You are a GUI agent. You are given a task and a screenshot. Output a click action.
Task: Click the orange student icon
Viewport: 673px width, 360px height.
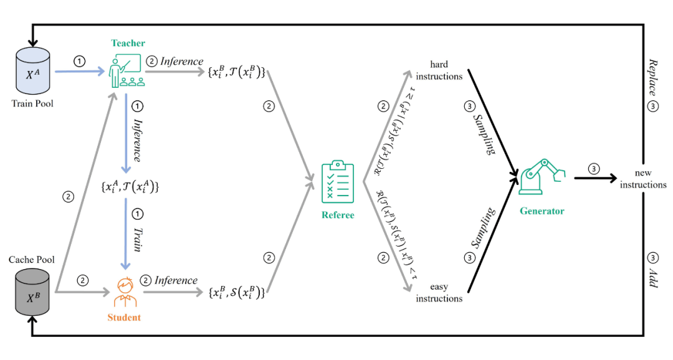126,291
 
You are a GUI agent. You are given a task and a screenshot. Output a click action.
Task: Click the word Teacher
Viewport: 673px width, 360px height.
128,43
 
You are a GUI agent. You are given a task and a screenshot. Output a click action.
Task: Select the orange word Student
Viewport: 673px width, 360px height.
125,318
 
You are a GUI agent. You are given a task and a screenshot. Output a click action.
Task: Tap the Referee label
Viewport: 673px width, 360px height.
338,215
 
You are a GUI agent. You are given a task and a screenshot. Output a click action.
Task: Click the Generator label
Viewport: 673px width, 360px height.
542,211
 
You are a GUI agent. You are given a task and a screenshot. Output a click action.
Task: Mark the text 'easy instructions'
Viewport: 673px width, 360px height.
439,293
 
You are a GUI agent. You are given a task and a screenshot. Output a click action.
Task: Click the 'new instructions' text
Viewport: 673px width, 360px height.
642,179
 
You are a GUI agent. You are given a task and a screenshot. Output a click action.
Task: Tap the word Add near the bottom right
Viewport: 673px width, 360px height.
653,279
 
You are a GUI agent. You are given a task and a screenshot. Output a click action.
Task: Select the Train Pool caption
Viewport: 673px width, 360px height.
32,103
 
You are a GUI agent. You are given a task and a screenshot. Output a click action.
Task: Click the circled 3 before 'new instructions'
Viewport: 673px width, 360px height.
594,169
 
